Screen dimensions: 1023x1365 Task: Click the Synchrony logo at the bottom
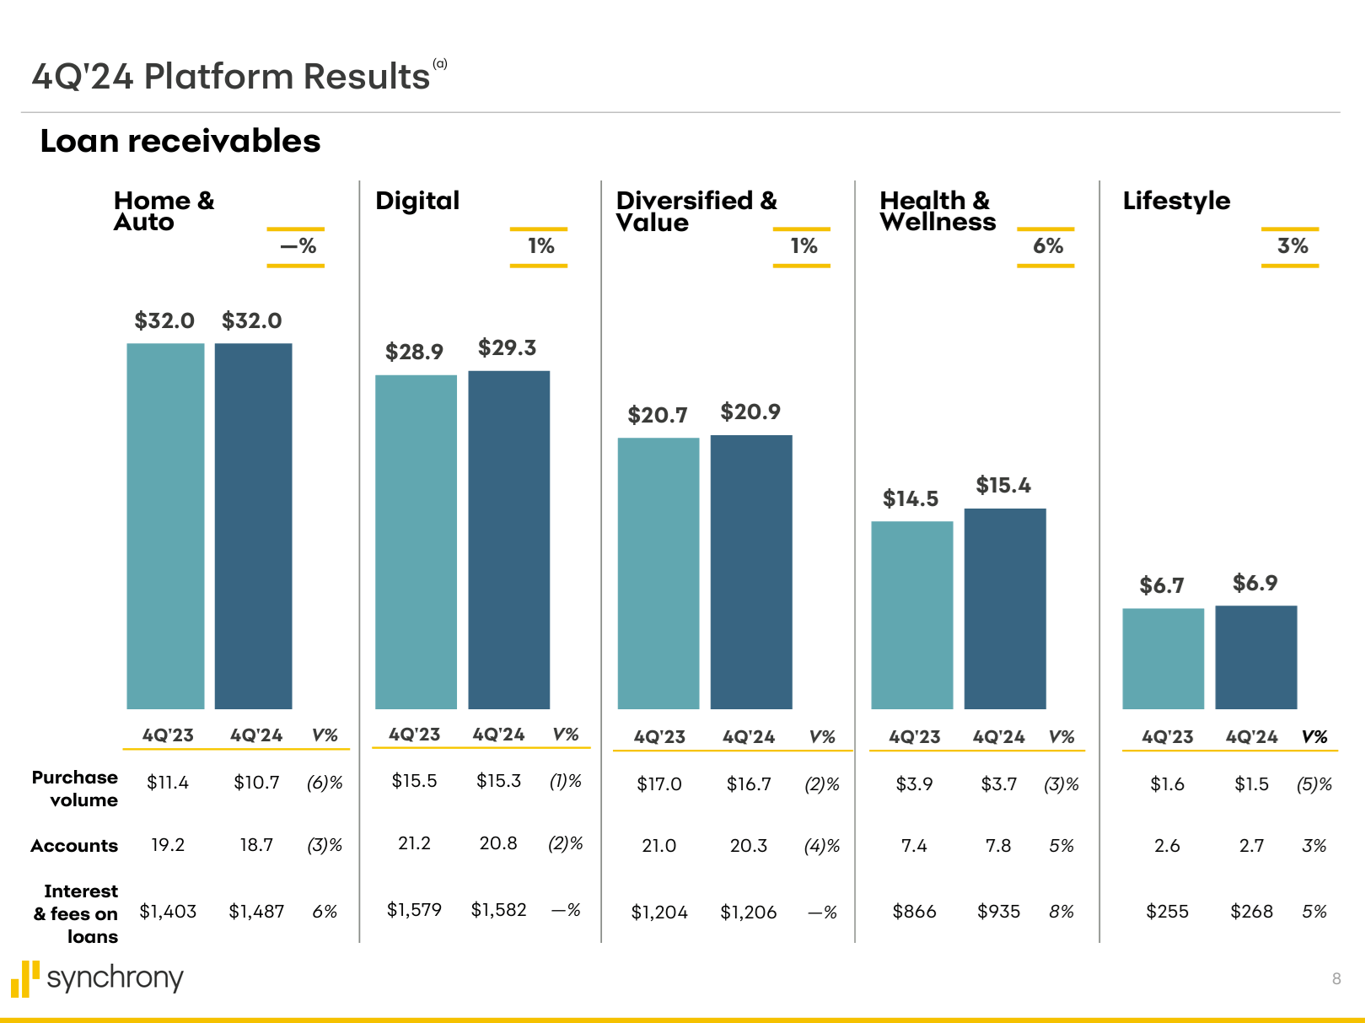point(97,978)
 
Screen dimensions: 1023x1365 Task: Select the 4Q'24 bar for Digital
point(508,540)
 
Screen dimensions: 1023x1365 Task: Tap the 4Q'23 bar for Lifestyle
point(1163,658)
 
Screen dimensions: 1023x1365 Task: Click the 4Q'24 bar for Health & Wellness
point(1005,608)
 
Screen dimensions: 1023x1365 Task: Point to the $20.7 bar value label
point(658,415)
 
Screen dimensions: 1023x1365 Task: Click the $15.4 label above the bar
point(1003,485)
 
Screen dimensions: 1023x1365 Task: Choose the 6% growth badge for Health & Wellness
point(1047,246)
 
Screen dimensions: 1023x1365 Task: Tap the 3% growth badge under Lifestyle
point(1292,246)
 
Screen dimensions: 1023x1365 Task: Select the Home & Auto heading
point(164,211)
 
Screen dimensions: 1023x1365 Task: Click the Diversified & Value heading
point(696,211)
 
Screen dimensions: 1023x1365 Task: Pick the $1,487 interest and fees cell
point(256,912)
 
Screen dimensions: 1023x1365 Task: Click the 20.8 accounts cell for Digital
point(498,843)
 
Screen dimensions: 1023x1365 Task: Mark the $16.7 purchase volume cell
point(749,784)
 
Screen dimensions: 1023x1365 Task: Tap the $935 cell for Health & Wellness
point(998,912)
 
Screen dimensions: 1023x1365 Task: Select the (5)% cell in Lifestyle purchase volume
point(1314,784)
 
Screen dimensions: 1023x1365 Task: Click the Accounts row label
point(74,846)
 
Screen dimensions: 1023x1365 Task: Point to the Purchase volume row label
point(75,789)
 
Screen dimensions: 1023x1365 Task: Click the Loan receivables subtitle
point(180,141)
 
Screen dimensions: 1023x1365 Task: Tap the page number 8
point(1336,978)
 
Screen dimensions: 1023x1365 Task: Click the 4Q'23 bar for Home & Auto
point(165,525)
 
